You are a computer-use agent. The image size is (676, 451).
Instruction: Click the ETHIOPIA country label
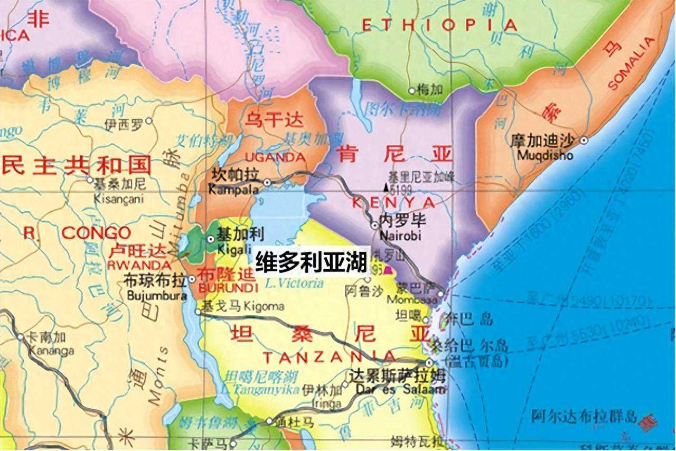[x=439, y=25]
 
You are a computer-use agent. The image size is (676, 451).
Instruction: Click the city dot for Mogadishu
[x=584, y=140]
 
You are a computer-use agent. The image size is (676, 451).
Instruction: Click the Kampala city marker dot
[x=268, y=182]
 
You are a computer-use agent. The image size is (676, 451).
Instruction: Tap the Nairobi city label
[x=400, y=234]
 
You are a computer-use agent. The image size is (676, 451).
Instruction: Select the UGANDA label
[x=275, y=157]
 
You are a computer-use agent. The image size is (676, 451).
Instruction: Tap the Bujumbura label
[x=156, y=296]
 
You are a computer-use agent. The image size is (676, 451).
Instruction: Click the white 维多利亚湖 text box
[x=311, y=261]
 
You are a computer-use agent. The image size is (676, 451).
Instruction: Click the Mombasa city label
[x=412, y=299]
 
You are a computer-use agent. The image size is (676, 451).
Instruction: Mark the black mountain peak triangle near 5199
[x=386, y=187]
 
